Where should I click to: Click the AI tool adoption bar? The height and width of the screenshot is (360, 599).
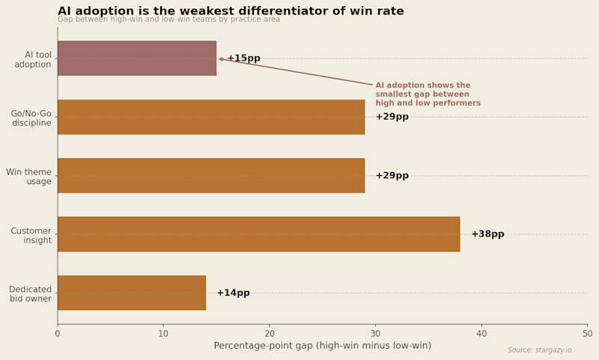137,58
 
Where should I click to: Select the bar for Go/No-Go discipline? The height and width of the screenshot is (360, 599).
211,117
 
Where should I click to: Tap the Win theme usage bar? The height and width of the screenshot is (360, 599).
211,175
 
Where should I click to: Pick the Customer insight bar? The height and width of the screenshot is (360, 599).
258,234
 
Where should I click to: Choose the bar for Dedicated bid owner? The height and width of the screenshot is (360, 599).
132,293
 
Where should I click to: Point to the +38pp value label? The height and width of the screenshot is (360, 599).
487,234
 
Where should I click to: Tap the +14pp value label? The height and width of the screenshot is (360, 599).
233,293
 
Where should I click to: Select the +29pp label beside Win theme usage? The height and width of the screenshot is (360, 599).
392,176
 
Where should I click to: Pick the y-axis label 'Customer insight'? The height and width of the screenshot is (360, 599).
31,236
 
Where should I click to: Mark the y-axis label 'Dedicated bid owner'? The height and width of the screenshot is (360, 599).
30,294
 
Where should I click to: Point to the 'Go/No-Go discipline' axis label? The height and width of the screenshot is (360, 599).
31,118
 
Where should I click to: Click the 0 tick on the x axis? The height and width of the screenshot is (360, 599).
58,333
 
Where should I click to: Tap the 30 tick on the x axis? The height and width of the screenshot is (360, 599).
376,333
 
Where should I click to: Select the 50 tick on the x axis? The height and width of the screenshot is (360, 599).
588,333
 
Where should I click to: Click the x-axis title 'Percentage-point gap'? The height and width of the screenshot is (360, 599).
322,346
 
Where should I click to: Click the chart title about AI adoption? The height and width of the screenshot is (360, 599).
241,11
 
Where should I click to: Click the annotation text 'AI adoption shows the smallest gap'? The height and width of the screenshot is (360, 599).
428,94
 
